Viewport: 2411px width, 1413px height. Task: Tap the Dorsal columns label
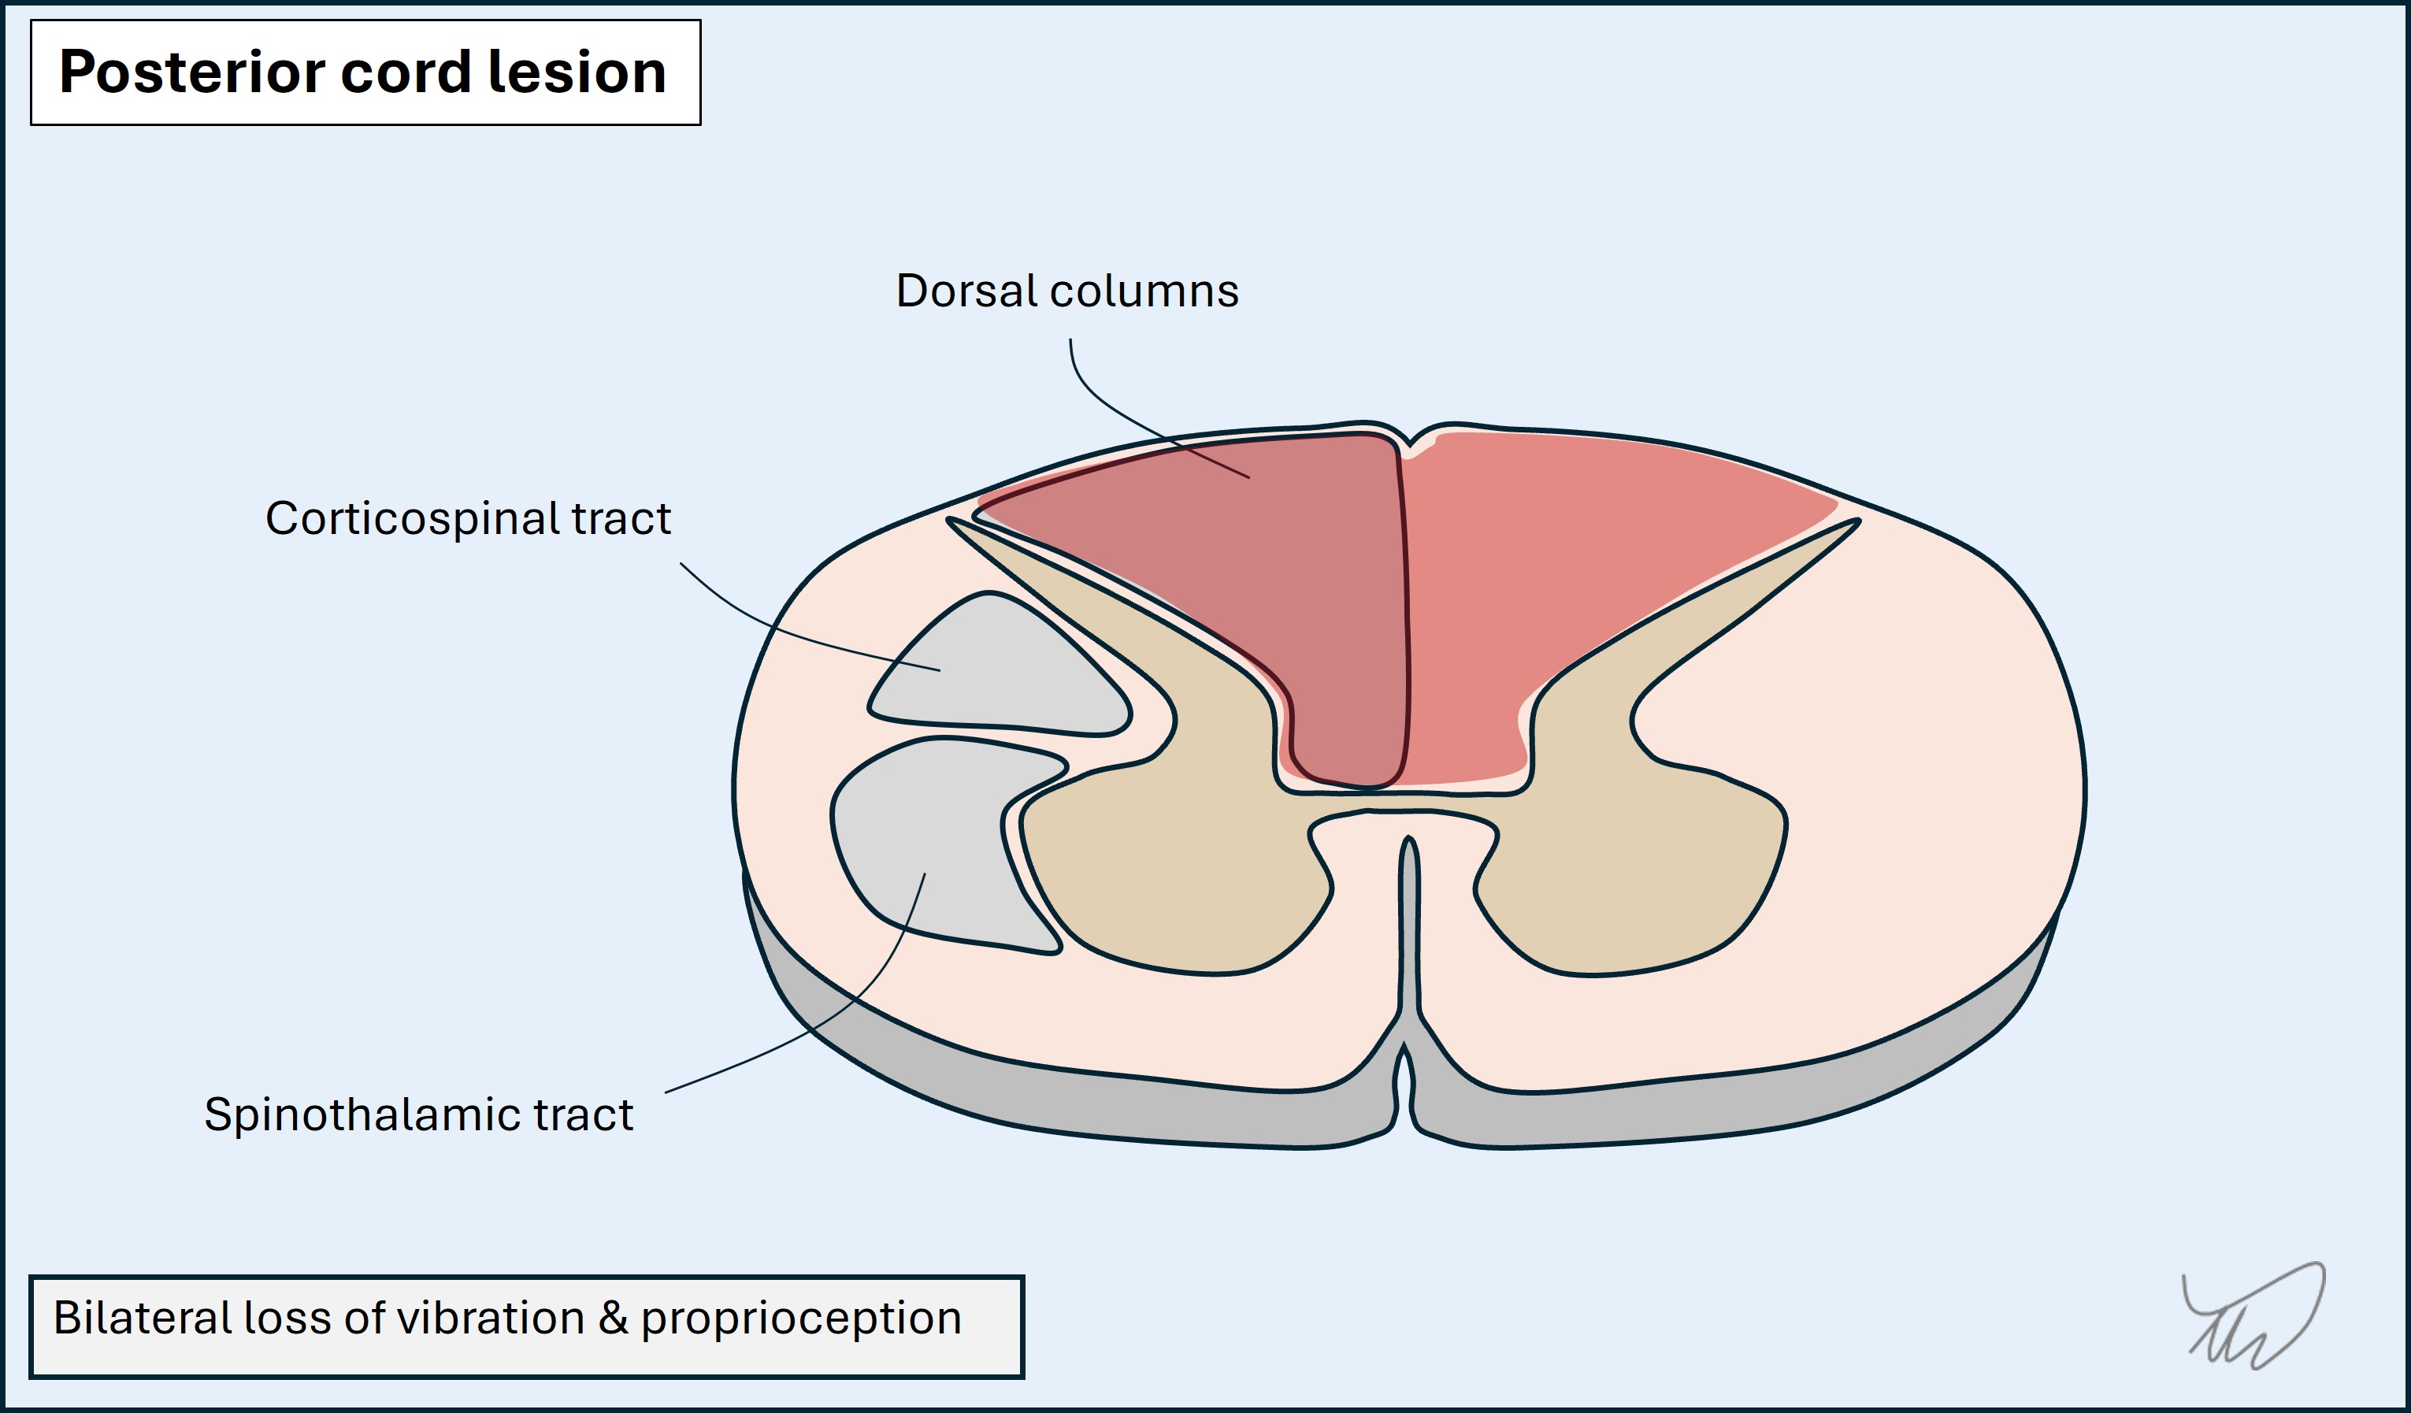pos(1066,291)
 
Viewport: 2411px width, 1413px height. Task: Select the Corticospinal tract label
pos(468,518)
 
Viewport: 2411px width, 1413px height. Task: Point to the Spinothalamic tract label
pos(418,1114)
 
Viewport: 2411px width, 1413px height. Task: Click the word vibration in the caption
pos(490,1318)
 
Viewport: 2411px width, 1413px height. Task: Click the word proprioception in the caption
pos(801,1318)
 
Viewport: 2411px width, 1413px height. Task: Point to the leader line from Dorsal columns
pos(1110,411)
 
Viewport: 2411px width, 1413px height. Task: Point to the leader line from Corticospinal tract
pos(785,632)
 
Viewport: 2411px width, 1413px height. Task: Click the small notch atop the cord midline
pos(1408,442)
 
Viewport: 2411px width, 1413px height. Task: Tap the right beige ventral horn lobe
pos(1636,880)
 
